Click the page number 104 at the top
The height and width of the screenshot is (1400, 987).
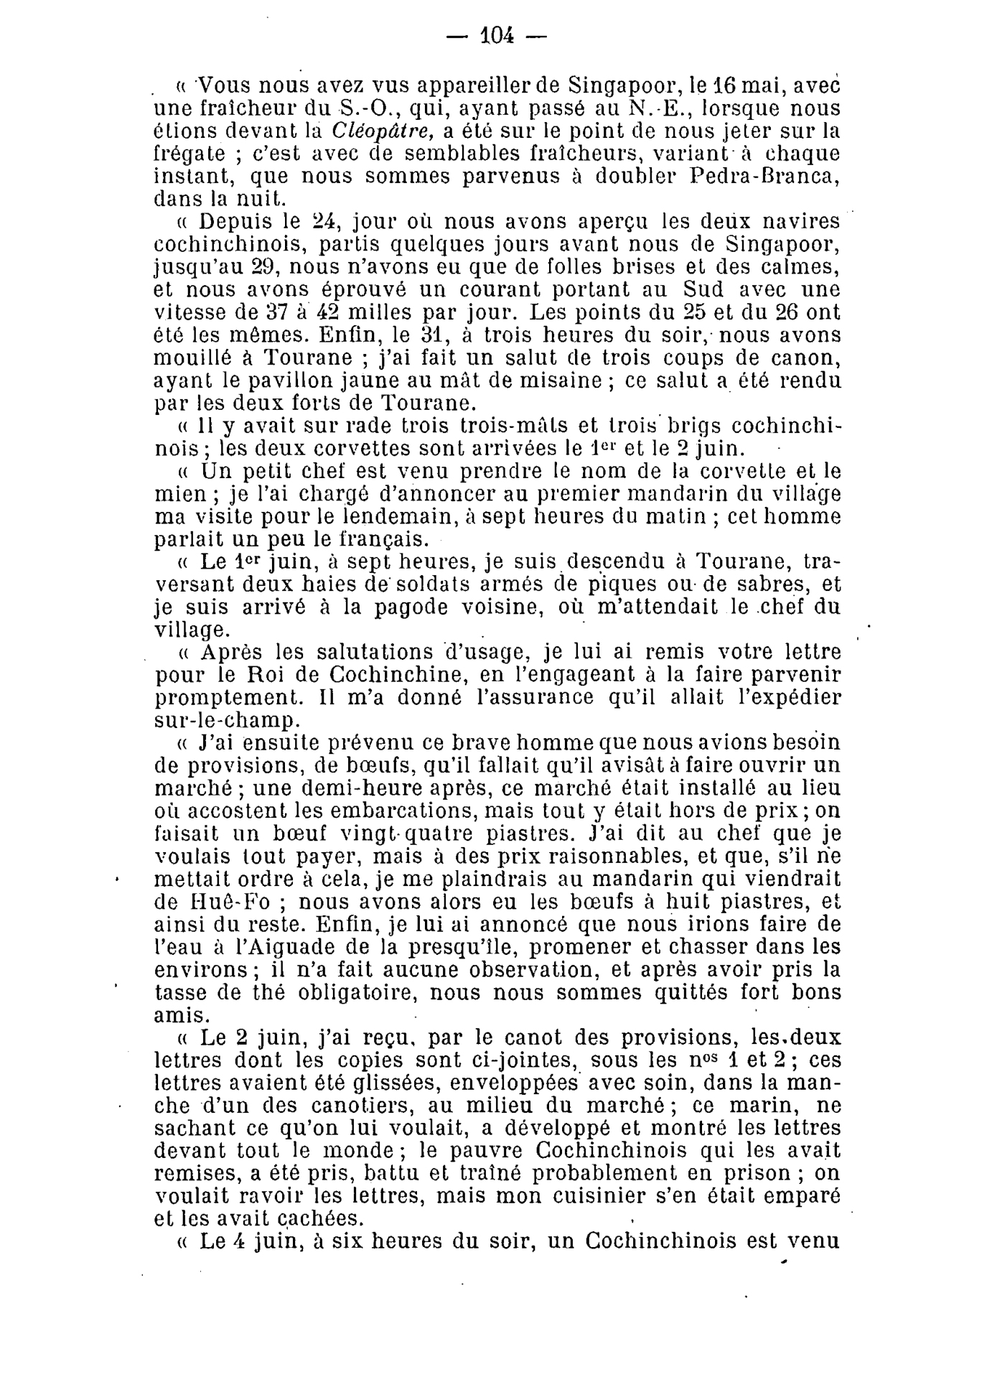pos(496,34)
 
